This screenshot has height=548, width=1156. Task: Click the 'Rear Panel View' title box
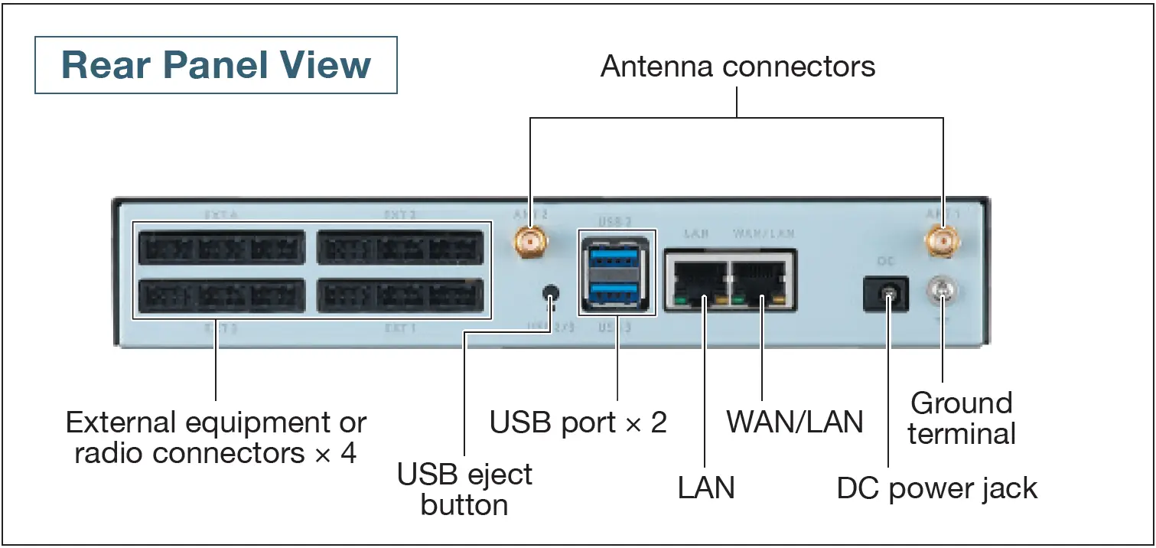[217, 65]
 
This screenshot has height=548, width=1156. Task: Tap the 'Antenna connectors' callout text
[738, 67]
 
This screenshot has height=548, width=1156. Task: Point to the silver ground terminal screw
[942, 290]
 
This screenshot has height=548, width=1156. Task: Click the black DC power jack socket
[886, 294]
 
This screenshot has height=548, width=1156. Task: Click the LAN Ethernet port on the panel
[697, 280]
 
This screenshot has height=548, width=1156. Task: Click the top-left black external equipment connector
[222, 247]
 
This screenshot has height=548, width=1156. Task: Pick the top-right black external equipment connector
[400, 247]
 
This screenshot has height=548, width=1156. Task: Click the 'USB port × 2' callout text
[578, 422]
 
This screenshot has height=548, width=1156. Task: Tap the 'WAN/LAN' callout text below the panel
[794, 422]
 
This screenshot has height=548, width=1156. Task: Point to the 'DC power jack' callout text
[936, 488]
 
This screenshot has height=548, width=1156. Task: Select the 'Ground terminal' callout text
[961, 418]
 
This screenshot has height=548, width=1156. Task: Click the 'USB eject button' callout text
[464, 490]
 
